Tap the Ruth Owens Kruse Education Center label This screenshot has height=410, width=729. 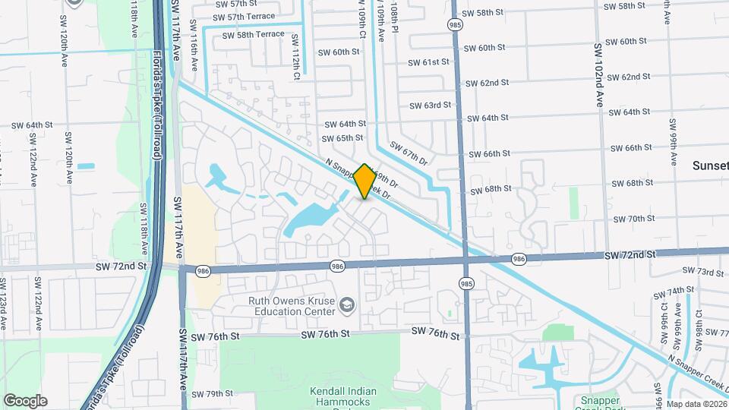(292, 305)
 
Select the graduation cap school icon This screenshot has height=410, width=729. (347, 304)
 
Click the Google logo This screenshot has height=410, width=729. (25, 401)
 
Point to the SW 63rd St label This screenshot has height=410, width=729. (430, 106)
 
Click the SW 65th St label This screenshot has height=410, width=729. (342, 138)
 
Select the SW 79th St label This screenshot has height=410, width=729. (212, 393)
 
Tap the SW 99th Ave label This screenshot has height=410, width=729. (673, 142)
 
